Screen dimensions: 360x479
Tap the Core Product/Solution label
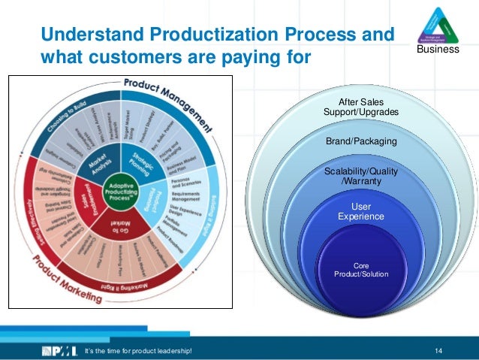(361, 270)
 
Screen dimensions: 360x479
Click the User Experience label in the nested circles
(361, 211)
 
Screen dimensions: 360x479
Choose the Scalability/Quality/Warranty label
(361, 177)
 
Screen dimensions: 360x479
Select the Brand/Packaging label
(361, 141)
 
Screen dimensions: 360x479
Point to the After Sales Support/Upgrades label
(361, 107)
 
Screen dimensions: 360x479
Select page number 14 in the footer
(438, 350)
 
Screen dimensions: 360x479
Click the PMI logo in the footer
(59, 350)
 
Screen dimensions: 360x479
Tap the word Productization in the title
(218, 35)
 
